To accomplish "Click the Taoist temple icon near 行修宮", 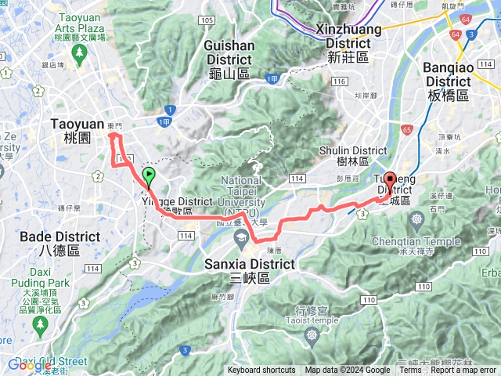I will (x=313, y=334).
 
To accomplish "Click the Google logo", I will (x=30, y=365).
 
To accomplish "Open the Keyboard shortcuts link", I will (x=261, y=371).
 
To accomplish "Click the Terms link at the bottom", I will (x=410, y=371).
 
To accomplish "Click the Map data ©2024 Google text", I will (x=348, y=371).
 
